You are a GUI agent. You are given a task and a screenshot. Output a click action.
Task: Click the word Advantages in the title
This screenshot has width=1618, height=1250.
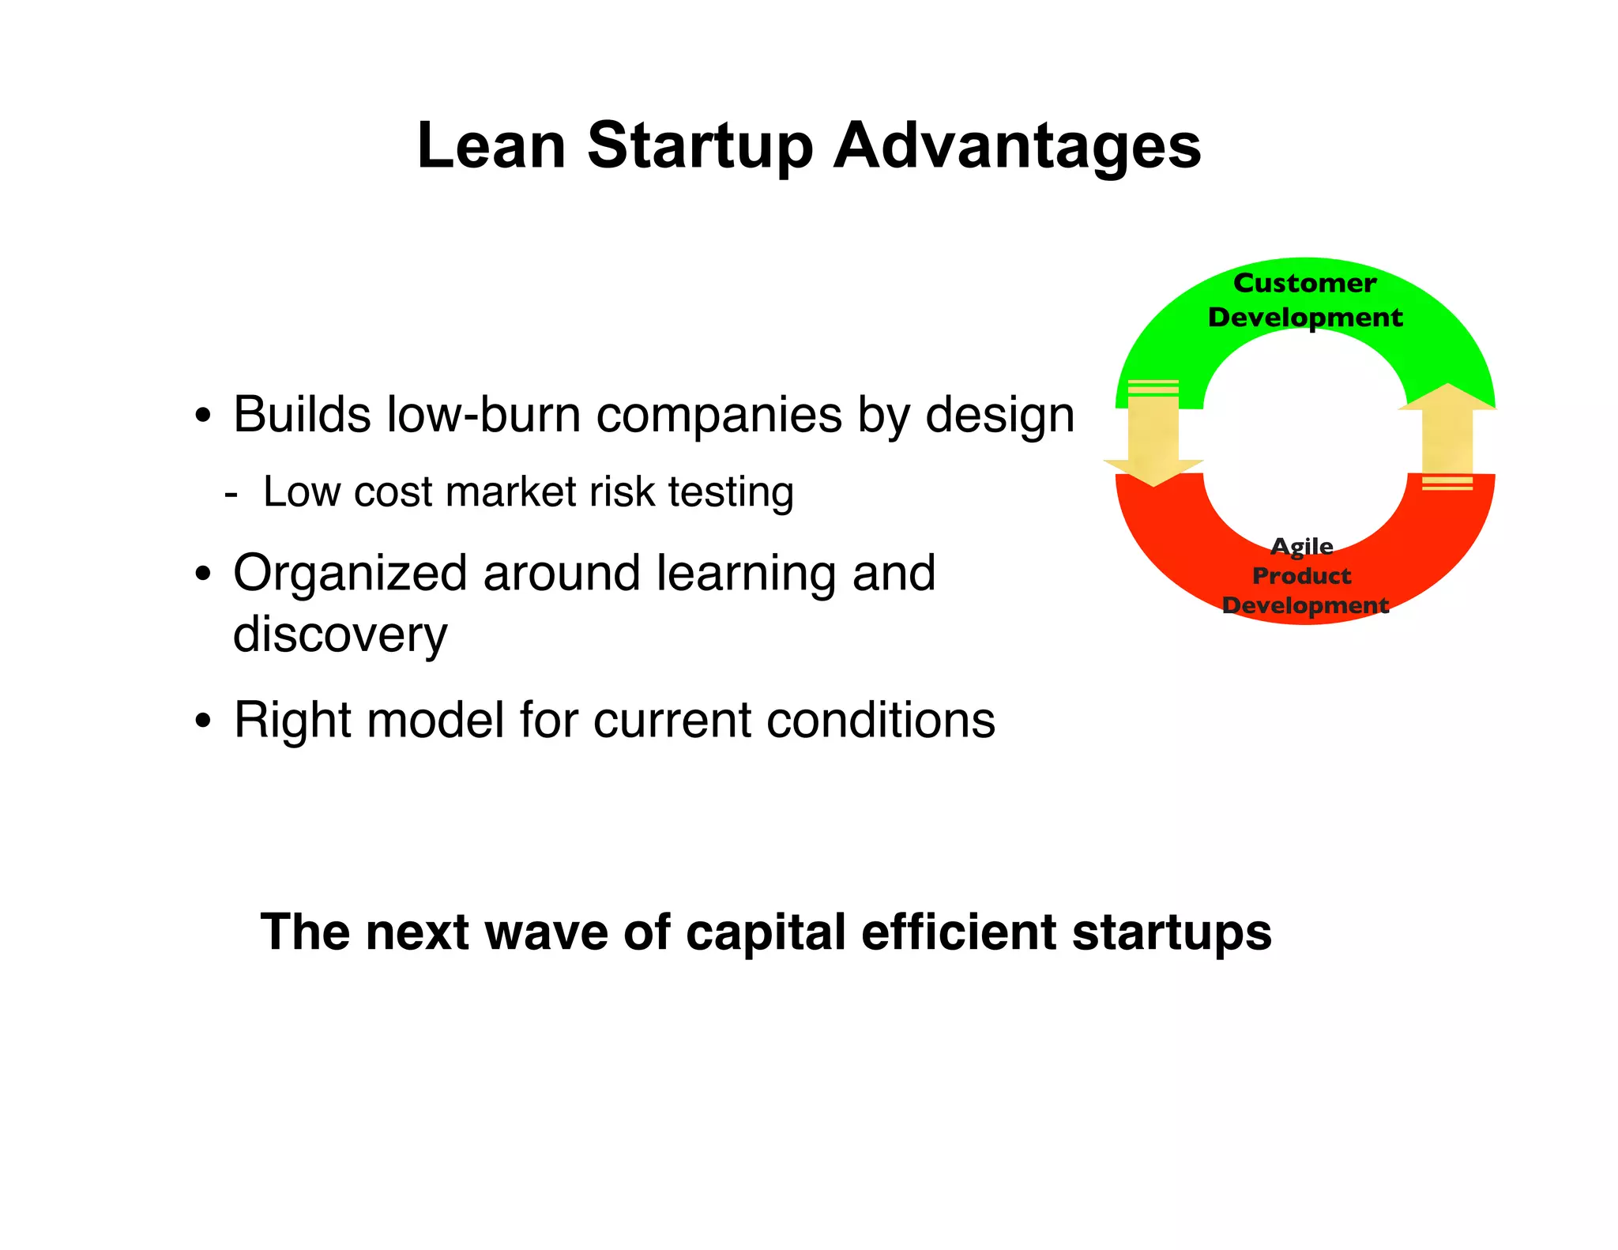[1017, 147]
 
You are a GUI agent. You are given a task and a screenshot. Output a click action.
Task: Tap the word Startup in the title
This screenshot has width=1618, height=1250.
[699, 147]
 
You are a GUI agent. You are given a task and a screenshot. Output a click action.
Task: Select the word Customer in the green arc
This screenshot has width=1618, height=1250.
[1304, 283]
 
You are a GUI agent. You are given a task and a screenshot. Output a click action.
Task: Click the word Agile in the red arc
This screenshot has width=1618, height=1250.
[1301, 546]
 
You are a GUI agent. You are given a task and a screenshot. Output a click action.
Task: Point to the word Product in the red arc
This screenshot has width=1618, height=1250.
[1301, 575]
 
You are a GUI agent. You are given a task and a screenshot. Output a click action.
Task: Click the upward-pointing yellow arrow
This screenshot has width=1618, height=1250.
[1447, 435]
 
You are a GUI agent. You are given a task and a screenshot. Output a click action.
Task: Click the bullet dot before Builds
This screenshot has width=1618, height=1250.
[204, 416]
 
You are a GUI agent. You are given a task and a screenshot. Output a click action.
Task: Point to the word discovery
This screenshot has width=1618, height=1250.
[340, 634]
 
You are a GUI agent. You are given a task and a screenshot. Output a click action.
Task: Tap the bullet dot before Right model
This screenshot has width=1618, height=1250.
[204, 721]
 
